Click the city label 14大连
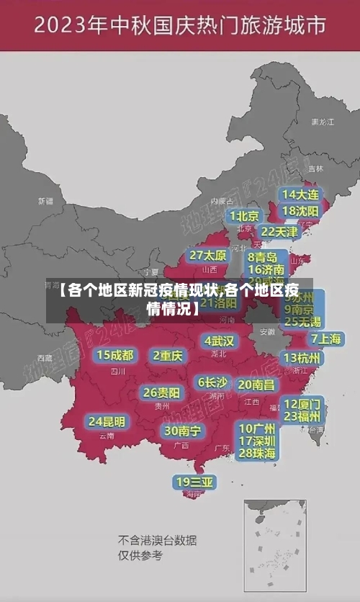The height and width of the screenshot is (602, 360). [300, 194]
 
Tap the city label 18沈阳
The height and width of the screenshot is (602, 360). [300, 211]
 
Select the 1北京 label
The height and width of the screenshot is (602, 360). [244, 216]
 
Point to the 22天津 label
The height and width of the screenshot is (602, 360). [279, 232]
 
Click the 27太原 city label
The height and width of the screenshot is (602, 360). [208, 256]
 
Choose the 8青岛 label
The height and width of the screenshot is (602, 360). [262, 256]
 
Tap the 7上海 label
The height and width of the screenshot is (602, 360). [326, 338]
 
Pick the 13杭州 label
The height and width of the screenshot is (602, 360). [302, 358]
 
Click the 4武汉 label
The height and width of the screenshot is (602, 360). [219, 341]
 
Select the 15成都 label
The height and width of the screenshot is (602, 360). [115, 355]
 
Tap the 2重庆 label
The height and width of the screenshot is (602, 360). [168, 355]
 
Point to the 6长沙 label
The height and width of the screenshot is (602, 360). [212, 382]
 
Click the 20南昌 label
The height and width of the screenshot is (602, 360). [256, 385]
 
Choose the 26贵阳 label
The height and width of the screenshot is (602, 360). [161, 393]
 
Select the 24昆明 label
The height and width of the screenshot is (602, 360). [107, 421]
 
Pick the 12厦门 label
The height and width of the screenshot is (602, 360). [302, 403]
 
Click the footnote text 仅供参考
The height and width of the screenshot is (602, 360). [140, 555]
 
